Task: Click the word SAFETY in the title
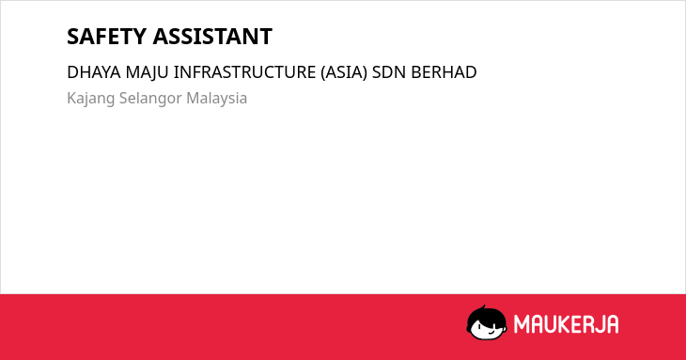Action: (x=106, y=37)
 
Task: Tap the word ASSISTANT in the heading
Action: (x=212, y=37)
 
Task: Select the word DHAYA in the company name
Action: (x=94, y=72)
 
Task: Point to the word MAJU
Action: (x=147, y=72)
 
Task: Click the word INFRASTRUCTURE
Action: (x=244, y=72)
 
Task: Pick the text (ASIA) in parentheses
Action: (x=344, y=72)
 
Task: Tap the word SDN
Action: (x=389, y=72)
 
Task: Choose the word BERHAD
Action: (x=444, y=72)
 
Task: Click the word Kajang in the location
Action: (x=90, y=99)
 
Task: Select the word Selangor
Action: (x=150, y=99)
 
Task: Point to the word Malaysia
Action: (x=216, y=99)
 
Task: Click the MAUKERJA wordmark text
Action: (x=566, y=324)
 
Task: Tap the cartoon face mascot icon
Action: (x=487, y=322)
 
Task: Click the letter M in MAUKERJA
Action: (x=522, y=324)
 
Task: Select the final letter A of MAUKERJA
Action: (x=612, y=324)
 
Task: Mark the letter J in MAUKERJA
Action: (x=598, y=324)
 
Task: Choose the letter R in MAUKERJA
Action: (x=586, y=324)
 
